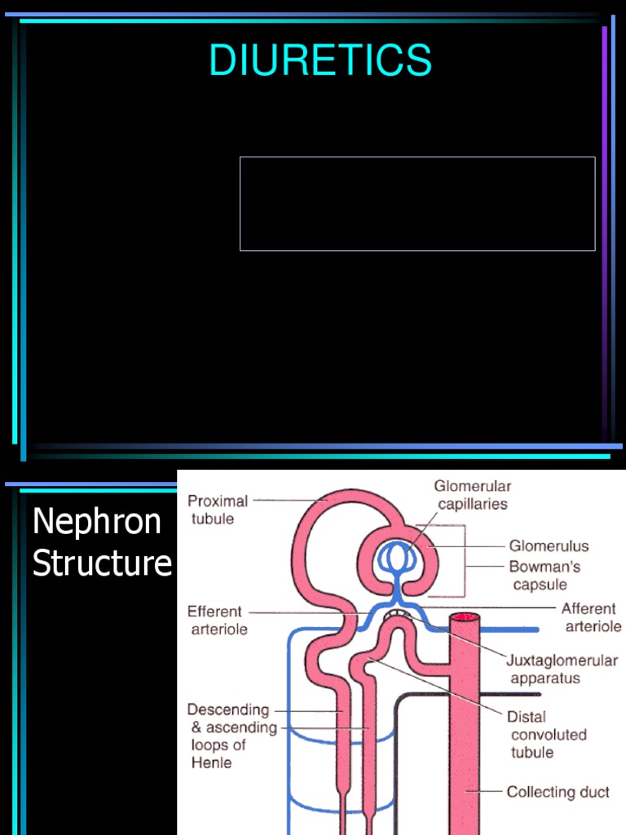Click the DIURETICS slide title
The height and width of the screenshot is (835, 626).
pyautogui.click(x=320, y=60)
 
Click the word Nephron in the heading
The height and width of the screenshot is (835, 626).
pyautogui.click(x=97, y=522)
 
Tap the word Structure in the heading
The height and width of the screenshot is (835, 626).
pyautogui.click(x=102, y=563)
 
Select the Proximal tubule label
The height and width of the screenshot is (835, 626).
pyautogui.click(x=218, y=510)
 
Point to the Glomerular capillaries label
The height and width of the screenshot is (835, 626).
pyautogui.click(x=472, y=495)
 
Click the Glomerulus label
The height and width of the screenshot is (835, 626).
pyautogui.click(x=549, y=546)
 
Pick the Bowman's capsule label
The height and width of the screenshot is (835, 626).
pyautogui.click(x=544, y=575)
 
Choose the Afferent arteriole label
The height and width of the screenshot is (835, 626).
pyautogui.click(x=590, y=617)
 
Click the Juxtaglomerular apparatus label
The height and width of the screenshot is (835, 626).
pyautogui.click(x=563, y=669)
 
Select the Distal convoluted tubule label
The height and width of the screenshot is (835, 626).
pyautogui.click(x=546, y=734)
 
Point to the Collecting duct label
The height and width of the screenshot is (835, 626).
pyautogui.click(x=558, y=792)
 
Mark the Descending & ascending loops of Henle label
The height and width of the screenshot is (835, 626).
pyautogui.click(x=231, y=736)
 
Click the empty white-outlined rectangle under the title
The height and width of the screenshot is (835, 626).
pyautogui.click(x=417, y=204)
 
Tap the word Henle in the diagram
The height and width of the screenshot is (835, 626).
pyautogui.click(x=211, y=763)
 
